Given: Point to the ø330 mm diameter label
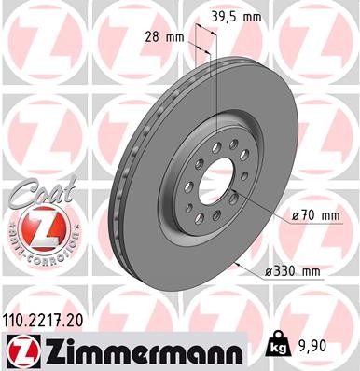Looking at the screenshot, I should pyautogui.click(x=293, y=271).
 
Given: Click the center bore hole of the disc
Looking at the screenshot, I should pyautogui.click(x=217, y=178).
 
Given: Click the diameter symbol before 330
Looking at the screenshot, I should pyautogui.click(x=270, y=271).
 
